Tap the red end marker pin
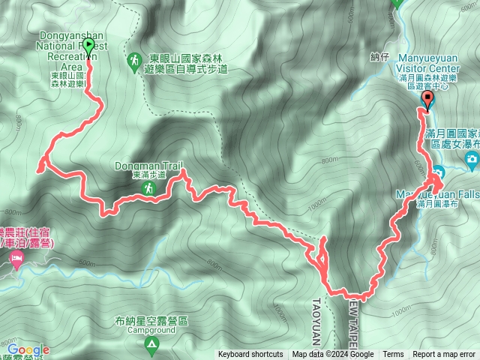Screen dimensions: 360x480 pos(427,100)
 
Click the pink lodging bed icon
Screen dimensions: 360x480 pos(16,259)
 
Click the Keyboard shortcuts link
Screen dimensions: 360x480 pos(250,355)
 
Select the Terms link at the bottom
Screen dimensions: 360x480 pos(393,355)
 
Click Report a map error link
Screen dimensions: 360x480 pos(444,355)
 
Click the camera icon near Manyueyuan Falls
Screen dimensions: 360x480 pos(471,158)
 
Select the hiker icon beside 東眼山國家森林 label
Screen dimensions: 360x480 pos(133,58)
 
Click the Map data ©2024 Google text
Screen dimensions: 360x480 pos(332,355)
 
